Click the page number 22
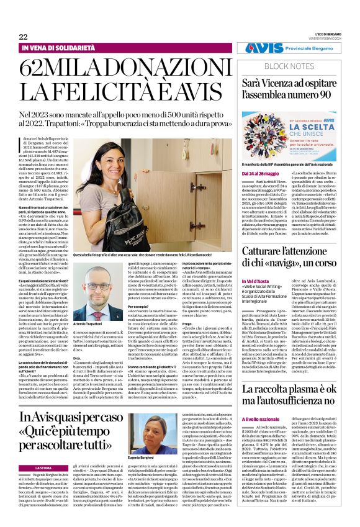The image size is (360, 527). [23, 37]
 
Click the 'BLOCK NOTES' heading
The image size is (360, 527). [291, 65]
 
